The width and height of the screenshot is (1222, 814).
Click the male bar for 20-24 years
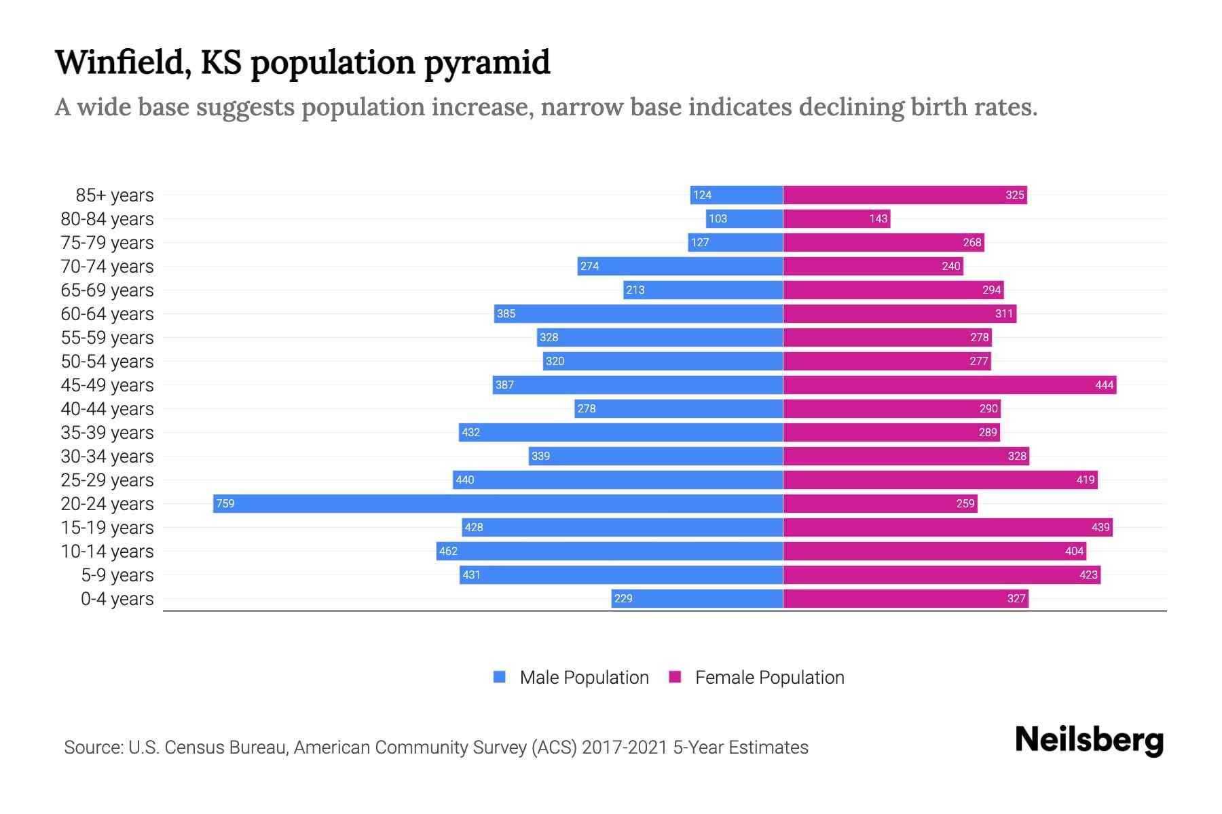coord(498,503)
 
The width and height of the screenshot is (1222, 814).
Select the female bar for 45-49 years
coord(949,385)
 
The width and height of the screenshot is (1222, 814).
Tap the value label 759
coord(225,503)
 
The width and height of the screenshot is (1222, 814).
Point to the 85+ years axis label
coord(114,195)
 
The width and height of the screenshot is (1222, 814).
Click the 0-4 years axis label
coord(117,599)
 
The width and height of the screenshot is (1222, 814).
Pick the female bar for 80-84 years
coord(836,218)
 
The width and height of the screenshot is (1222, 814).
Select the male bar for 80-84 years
coord(744,218)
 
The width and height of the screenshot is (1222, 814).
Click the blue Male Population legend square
coord(500,677)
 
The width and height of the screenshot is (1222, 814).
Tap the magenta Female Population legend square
coord(675,677)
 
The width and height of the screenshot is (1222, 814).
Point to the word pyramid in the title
coord(487,63)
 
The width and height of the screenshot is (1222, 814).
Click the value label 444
coord(1104,385)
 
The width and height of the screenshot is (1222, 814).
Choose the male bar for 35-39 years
coord(621,432)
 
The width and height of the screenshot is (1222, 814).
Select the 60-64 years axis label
coord(107,314)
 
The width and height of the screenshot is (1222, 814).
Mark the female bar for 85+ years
coord(905,195)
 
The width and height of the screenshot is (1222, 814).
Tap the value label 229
coord(623,598)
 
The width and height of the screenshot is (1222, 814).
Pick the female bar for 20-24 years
coord(880,503)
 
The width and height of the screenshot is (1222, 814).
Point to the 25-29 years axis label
coord(107,480)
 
